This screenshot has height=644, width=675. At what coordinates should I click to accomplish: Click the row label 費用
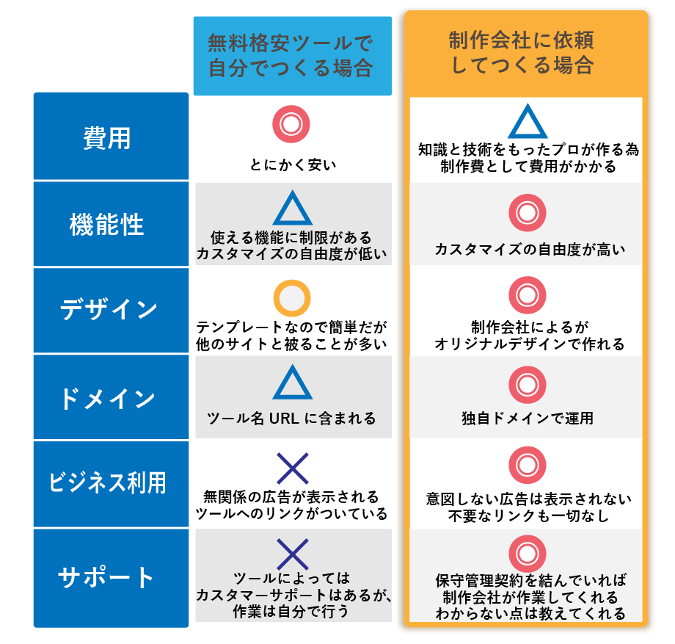[107, 138]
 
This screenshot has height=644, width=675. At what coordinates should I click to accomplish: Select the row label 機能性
[107, 225]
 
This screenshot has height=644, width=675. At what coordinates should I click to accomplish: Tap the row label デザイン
[109, 309]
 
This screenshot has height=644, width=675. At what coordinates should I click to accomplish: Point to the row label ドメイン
[108, 398]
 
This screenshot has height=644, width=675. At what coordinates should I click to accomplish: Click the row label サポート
[106, 577]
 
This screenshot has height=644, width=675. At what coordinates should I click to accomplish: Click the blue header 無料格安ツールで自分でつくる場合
[291, 56]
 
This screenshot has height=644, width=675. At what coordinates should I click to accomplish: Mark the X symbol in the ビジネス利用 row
[293, 468]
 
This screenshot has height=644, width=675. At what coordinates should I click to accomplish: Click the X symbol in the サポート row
[293, 554]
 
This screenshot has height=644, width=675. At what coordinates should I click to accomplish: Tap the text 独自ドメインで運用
[528, 418]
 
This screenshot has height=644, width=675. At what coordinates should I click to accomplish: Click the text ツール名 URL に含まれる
[291, 419]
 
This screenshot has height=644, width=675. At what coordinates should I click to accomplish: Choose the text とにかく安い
[293, 164]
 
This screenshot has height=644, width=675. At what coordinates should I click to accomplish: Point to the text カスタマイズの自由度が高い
[530, 249]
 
